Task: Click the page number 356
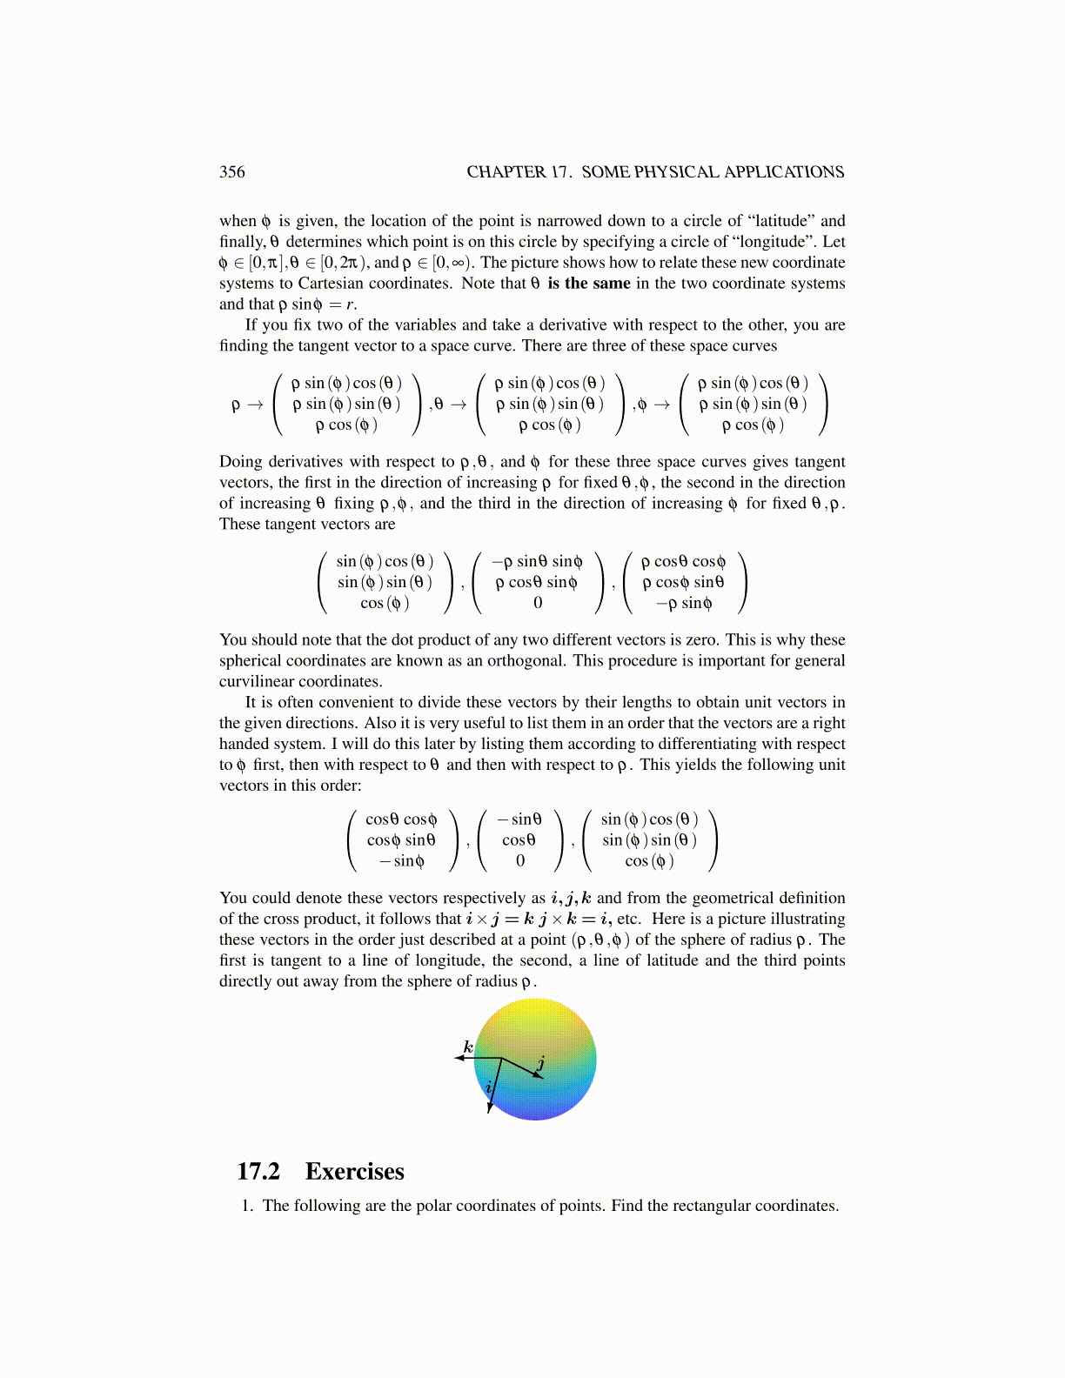tap(232, 172)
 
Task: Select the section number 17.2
tap(258, 1171)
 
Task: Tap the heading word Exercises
tap(355, 1171)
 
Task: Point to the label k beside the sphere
tap(468, 1047)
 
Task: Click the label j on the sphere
tap(541, 1063)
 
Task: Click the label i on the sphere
tap(488, 1087)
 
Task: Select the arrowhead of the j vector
tap(539, 1076)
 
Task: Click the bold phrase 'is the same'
tap(589, 284)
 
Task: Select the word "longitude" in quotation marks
tap(786, 242)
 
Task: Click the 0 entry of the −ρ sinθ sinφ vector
tap(538, 603)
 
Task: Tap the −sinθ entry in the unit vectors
tap(519, 819)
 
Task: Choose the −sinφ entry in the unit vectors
tap(401, 861)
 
